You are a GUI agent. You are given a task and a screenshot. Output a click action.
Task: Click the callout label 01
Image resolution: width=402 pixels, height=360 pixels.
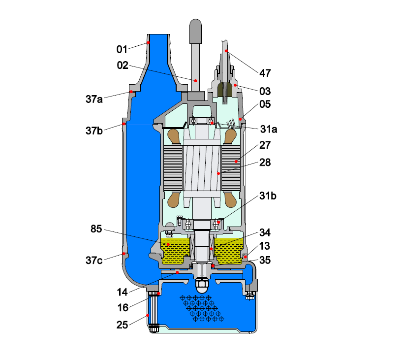tap(122, 49)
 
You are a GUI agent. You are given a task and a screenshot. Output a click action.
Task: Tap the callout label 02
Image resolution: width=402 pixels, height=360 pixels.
tap(123, 65)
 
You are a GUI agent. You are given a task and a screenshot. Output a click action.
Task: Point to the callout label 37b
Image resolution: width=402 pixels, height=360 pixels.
tap(94, 131)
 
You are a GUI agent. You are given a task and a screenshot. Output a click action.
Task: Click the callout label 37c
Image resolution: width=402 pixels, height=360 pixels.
tap(94, 260)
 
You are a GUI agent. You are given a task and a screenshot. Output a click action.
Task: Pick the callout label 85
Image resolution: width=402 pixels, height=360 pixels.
tap(97, 229)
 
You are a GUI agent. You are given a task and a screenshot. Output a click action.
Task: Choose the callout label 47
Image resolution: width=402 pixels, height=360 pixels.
tap(265, 73)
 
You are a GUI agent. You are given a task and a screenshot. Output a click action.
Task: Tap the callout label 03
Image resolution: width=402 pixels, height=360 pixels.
tap(265, 91)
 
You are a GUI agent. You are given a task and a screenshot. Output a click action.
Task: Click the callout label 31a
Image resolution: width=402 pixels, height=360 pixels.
tap(269, 129)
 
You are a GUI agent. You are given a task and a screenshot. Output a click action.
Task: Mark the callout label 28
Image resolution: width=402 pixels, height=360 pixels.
tap(265, 162)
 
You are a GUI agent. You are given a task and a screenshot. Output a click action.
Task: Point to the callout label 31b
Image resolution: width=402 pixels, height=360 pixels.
tap(269, 196)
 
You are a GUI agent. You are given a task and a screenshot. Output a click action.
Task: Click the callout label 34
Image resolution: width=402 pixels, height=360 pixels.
tap(265, 231)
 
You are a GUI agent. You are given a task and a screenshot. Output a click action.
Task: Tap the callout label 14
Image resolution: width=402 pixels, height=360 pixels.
tap(123, 292)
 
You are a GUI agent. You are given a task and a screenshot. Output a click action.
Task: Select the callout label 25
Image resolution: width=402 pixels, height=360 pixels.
tap(123, 325)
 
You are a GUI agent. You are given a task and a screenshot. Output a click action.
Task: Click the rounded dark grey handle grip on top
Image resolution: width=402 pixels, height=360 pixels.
tap(195, 30)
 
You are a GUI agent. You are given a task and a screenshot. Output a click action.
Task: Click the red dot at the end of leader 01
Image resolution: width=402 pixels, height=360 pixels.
tap(147, 43)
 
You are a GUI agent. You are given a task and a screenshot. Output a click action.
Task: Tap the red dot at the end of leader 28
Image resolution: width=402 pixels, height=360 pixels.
tap(218, 173)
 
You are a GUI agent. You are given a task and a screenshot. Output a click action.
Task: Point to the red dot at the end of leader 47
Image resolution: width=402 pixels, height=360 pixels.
tap(226, 51)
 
